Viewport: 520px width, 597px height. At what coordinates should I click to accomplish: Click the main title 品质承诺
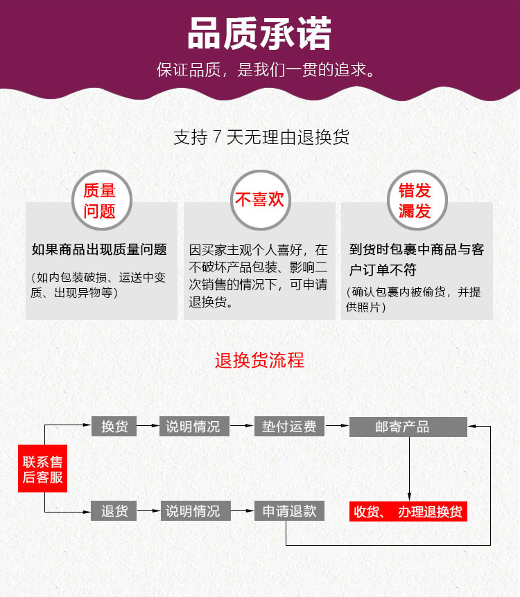pyautogui.click(x=259, y=34)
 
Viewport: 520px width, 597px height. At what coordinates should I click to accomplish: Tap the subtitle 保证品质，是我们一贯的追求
pyautogui.click(x=266, y=70)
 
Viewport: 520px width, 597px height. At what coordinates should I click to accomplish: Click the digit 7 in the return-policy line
pyautogui.click(x=217, y=136)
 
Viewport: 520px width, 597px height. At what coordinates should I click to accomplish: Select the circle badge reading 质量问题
pyautogui.click(x=102, y=200)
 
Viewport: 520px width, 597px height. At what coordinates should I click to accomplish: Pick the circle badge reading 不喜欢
pyautogui.click(x=261, y=200)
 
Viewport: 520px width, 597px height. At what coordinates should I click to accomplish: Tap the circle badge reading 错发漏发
pyautogui.click(x=417, y=200)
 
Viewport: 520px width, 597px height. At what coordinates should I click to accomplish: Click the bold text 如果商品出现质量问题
pyautogui.click(x=99, y=249)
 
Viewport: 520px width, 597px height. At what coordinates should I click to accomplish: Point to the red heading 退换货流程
pyautogui.click(x=259, y=360)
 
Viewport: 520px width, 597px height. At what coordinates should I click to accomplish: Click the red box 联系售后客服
pyautogui.click(x=43, y=468)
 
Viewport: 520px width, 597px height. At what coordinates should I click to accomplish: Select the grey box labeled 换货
pyautogui.click(x=114, y=427)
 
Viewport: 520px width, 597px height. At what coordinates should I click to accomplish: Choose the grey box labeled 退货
pyautogui.click(x=114, y=511)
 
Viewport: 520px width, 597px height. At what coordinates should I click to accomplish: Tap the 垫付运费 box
pyautogui.click(x=289, y=427)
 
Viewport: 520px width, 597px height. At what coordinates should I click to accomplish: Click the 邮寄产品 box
pyautogui.click(x=408, y=427)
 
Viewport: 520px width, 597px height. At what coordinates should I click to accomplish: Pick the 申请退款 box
pyautogui.click(x=289, y=511)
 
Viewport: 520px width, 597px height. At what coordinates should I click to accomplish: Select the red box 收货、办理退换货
pyautogui.click(x=408, y=511)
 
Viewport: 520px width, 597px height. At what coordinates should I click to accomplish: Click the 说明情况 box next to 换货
pyautogui.click(x=194, y=427)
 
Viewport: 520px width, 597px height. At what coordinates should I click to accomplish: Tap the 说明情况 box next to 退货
pyautogui.click(x=196, y=511)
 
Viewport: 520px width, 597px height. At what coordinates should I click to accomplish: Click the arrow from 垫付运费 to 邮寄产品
pyautogui.click(x=337, y=425)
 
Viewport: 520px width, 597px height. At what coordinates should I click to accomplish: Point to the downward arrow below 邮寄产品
pyautogui.click(x=410, y=469)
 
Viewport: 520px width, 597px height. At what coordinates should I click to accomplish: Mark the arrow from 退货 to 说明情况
pyautogui.click(x=148, y=510)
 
